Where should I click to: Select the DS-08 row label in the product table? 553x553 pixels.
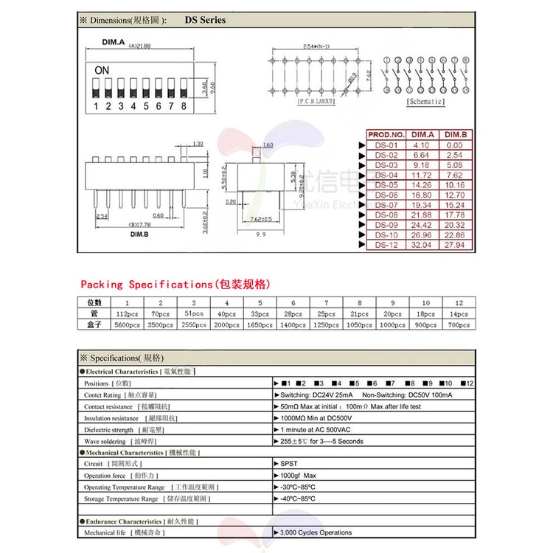tap(386, 214)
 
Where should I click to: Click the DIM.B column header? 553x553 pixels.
tap(455, 135)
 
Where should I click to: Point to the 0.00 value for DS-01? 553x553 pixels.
tap(455, 145)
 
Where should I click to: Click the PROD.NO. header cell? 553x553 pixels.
tap(386, 135)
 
